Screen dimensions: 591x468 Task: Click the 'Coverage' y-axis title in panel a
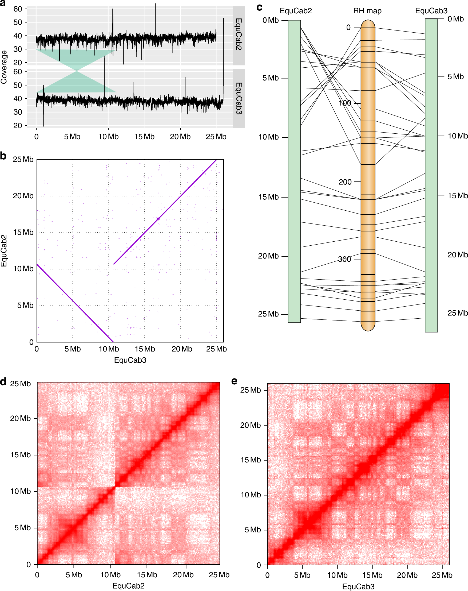point(4,67)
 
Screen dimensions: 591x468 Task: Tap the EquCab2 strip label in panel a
point(239,34)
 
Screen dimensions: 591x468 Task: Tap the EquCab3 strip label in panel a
point(239,98)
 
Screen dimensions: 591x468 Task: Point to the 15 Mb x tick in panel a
point(144,137)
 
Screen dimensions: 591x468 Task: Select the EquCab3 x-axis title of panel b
point(130,360)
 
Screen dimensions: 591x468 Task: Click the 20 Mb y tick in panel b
point(23,196)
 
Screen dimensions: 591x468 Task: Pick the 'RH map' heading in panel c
point(367,11)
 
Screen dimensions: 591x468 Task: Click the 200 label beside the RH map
point(345,182)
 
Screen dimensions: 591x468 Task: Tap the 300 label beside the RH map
point(344,259)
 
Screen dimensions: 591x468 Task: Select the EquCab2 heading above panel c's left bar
point(296,11)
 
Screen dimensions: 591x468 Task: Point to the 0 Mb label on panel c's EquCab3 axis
point(455,19)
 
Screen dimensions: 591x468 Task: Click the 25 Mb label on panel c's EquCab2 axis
point(268,314)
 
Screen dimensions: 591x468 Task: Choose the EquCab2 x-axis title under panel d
point(128,586)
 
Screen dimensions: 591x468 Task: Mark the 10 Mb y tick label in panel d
point(21,491)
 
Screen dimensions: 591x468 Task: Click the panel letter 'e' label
point(234,381)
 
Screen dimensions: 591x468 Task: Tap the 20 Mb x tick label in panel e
point(407,575)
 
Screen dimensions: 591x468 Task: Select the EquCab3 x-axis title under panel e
point(358,586)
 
